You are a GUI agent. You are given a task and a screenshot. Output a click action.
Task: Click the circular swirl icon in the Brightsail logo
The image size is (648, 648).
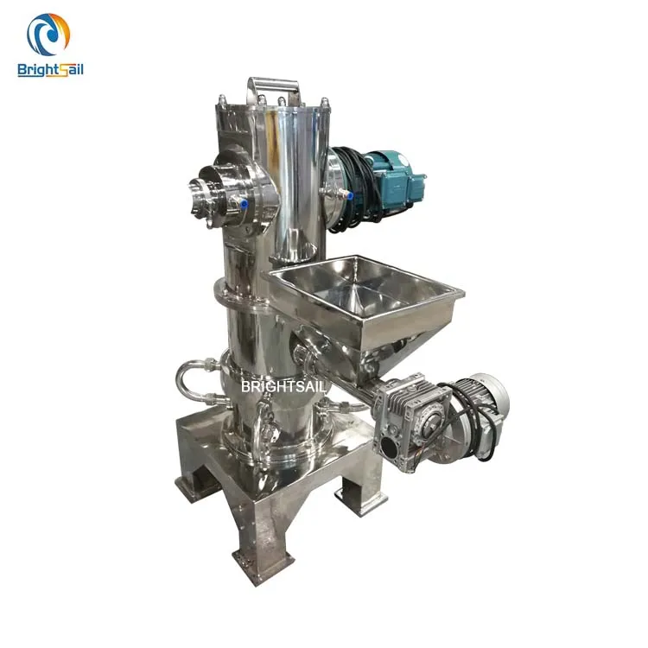[48, 35]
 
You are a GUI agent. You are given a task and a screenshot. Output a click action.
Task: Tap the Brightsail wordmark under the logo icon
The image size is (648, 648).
[50, 70]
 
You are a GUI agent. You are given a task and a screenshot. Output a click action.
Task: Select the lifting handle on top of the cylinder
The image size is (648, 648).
[274, 90]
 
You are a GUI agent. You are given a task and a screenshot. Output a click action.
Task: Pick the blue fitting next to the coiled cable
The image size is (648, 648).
[350, 198]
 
